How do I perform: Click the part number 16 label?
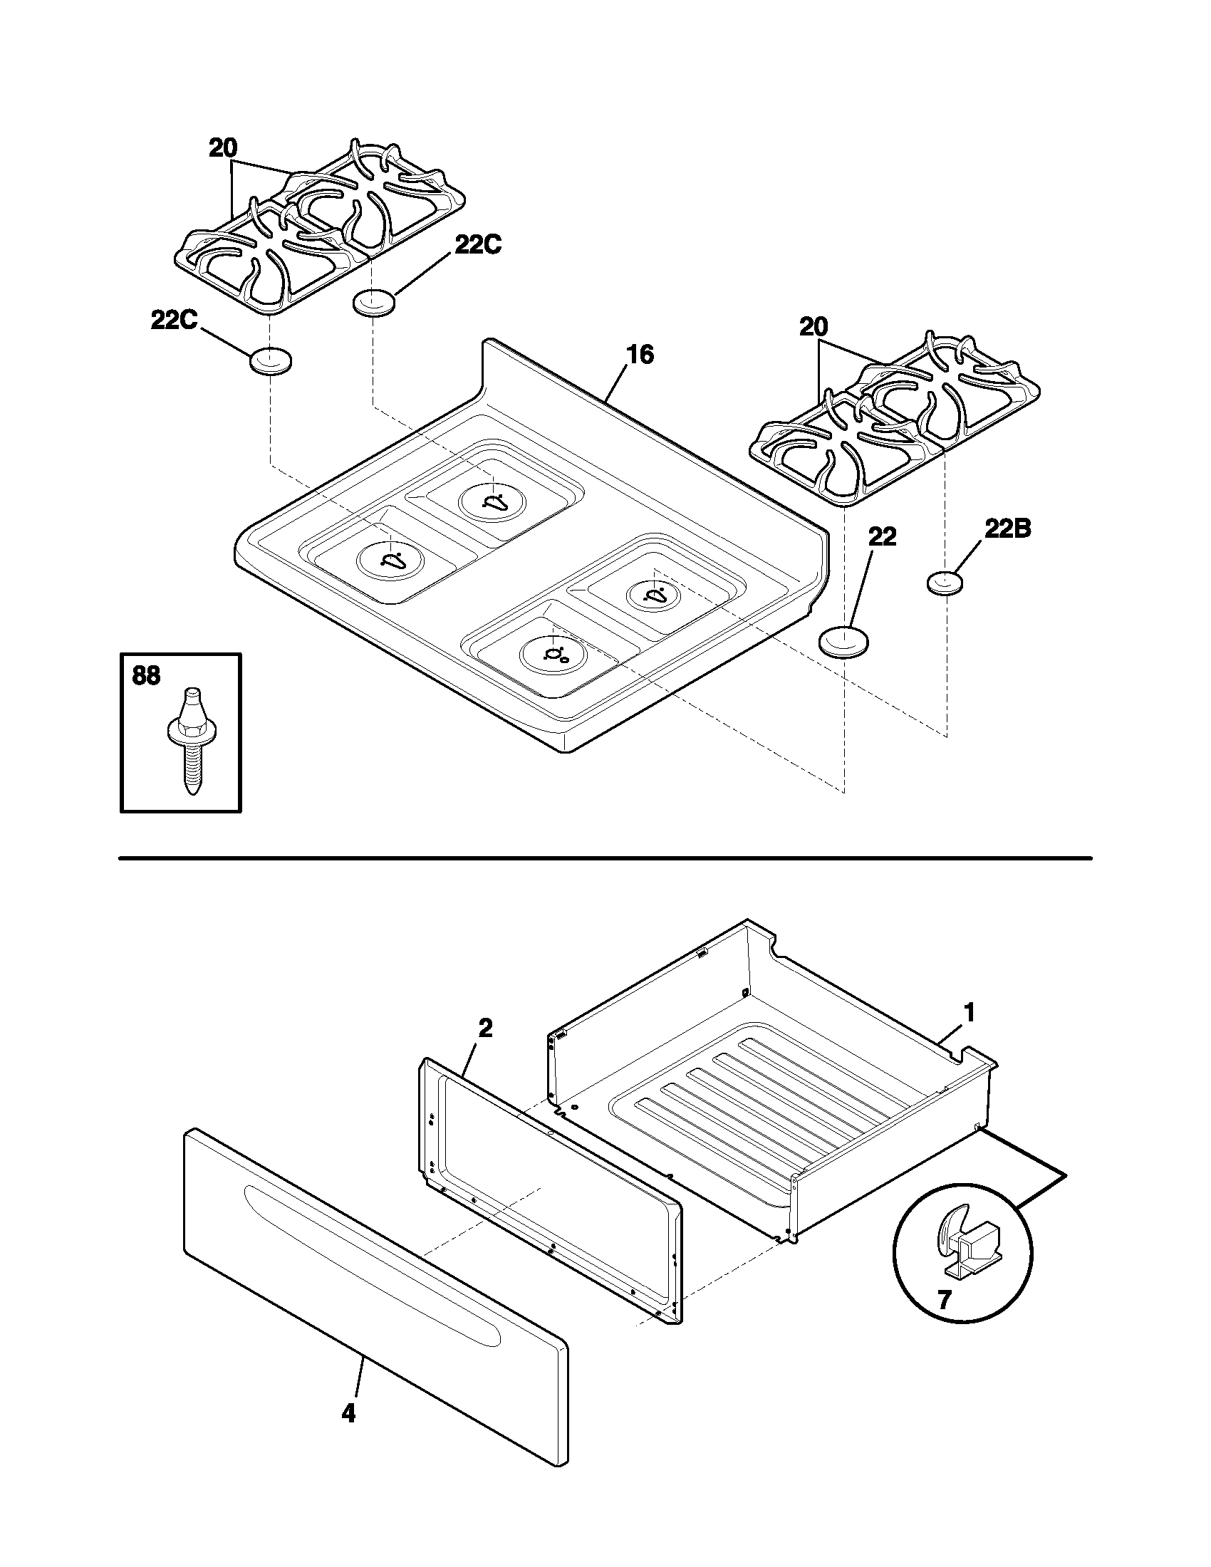tap(640, 355)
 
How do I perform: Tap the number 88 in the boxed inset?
tap(146, 676)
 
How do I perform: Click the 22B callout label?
tap(1007, 529)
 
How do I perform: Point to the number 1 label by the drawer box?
tap(969, 1013)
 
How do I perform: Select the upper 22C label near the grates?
tap(478, 244)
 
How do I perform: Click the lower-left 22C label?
tap(174, 320)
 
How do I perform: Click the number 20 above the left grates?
tap(223, 149)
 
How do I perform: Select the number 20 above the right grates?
tap(814, 328)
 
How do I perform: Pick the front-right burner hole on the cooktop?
tap(553, 654)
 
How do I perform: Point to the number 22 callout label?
tap(882, 536)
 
